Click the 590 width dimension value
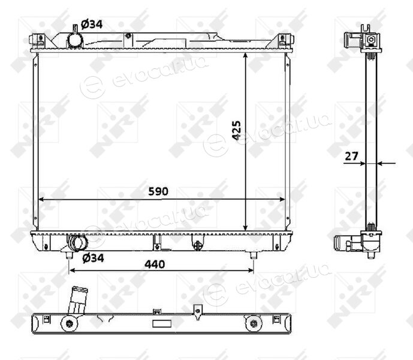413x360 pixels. (x=158, y=191)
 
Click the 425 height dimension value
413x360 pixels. (x=236, y=130)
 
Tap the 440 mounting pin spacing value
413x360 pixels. (x=155, y=264)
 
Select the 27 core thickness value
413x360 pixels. (x=351, y=156)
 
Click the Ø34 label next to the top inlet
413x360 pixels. (x=92, y=25)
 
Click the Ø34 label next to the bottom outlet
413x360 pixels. (x=93, y=258)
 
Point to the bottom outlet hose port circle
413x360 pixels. (x=77, y=242)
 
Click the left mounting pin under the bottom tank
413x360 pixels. (x=70, y=255)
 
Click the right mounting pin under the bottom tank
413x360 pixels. (x=253, y=255)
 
